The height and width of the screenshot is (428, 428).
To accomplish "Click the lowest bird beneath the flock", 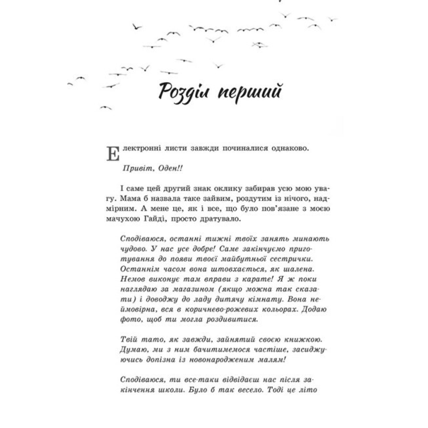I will tap(106, 107).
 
